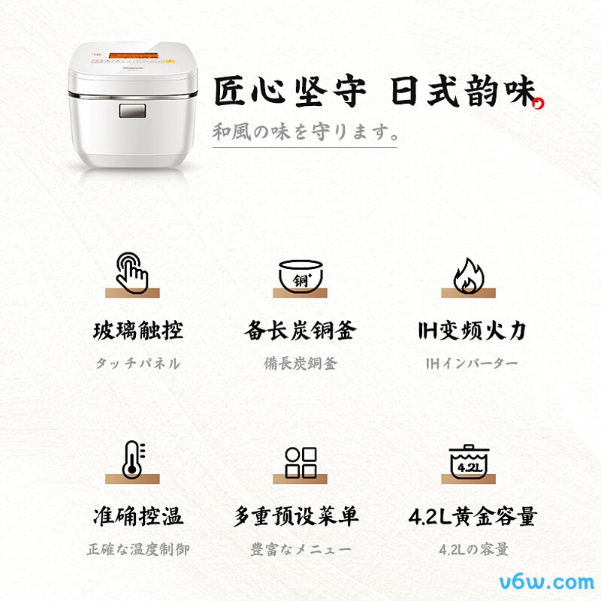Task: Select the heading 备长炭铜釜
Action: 300,331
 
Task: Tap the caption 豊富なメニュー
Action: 300,549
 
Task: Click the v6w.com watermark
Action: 548,581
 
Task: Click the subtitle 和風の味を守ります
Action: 304,132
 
